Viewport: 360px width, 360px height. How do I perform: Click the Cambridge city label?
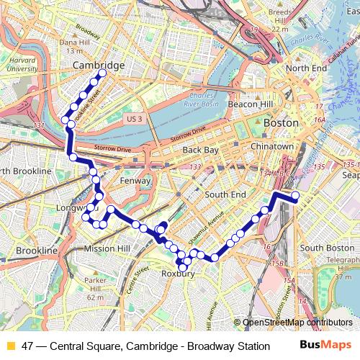(x=99, y=66)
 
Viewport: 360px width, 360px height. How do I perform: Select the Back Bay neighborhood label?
(x=200, y=150)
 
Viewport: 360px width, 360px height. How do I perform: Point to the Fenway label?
(x=135, y=181)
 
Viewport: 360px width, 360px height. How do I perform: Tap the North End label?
(x=305, y=68)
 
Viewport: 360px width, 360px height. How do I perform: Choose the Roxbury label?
(x=179, y=274)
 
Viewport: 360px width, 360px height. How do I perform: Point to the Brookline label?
(x=37, y=250)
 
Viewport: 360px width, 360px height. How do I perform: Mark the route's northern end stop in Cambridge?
(x=102, y=73)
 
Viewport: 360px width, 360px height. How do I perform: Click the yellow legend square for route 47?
(x=10, y=346)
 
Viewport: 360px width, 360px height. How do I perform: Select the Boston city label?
(x=280, y=123)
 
